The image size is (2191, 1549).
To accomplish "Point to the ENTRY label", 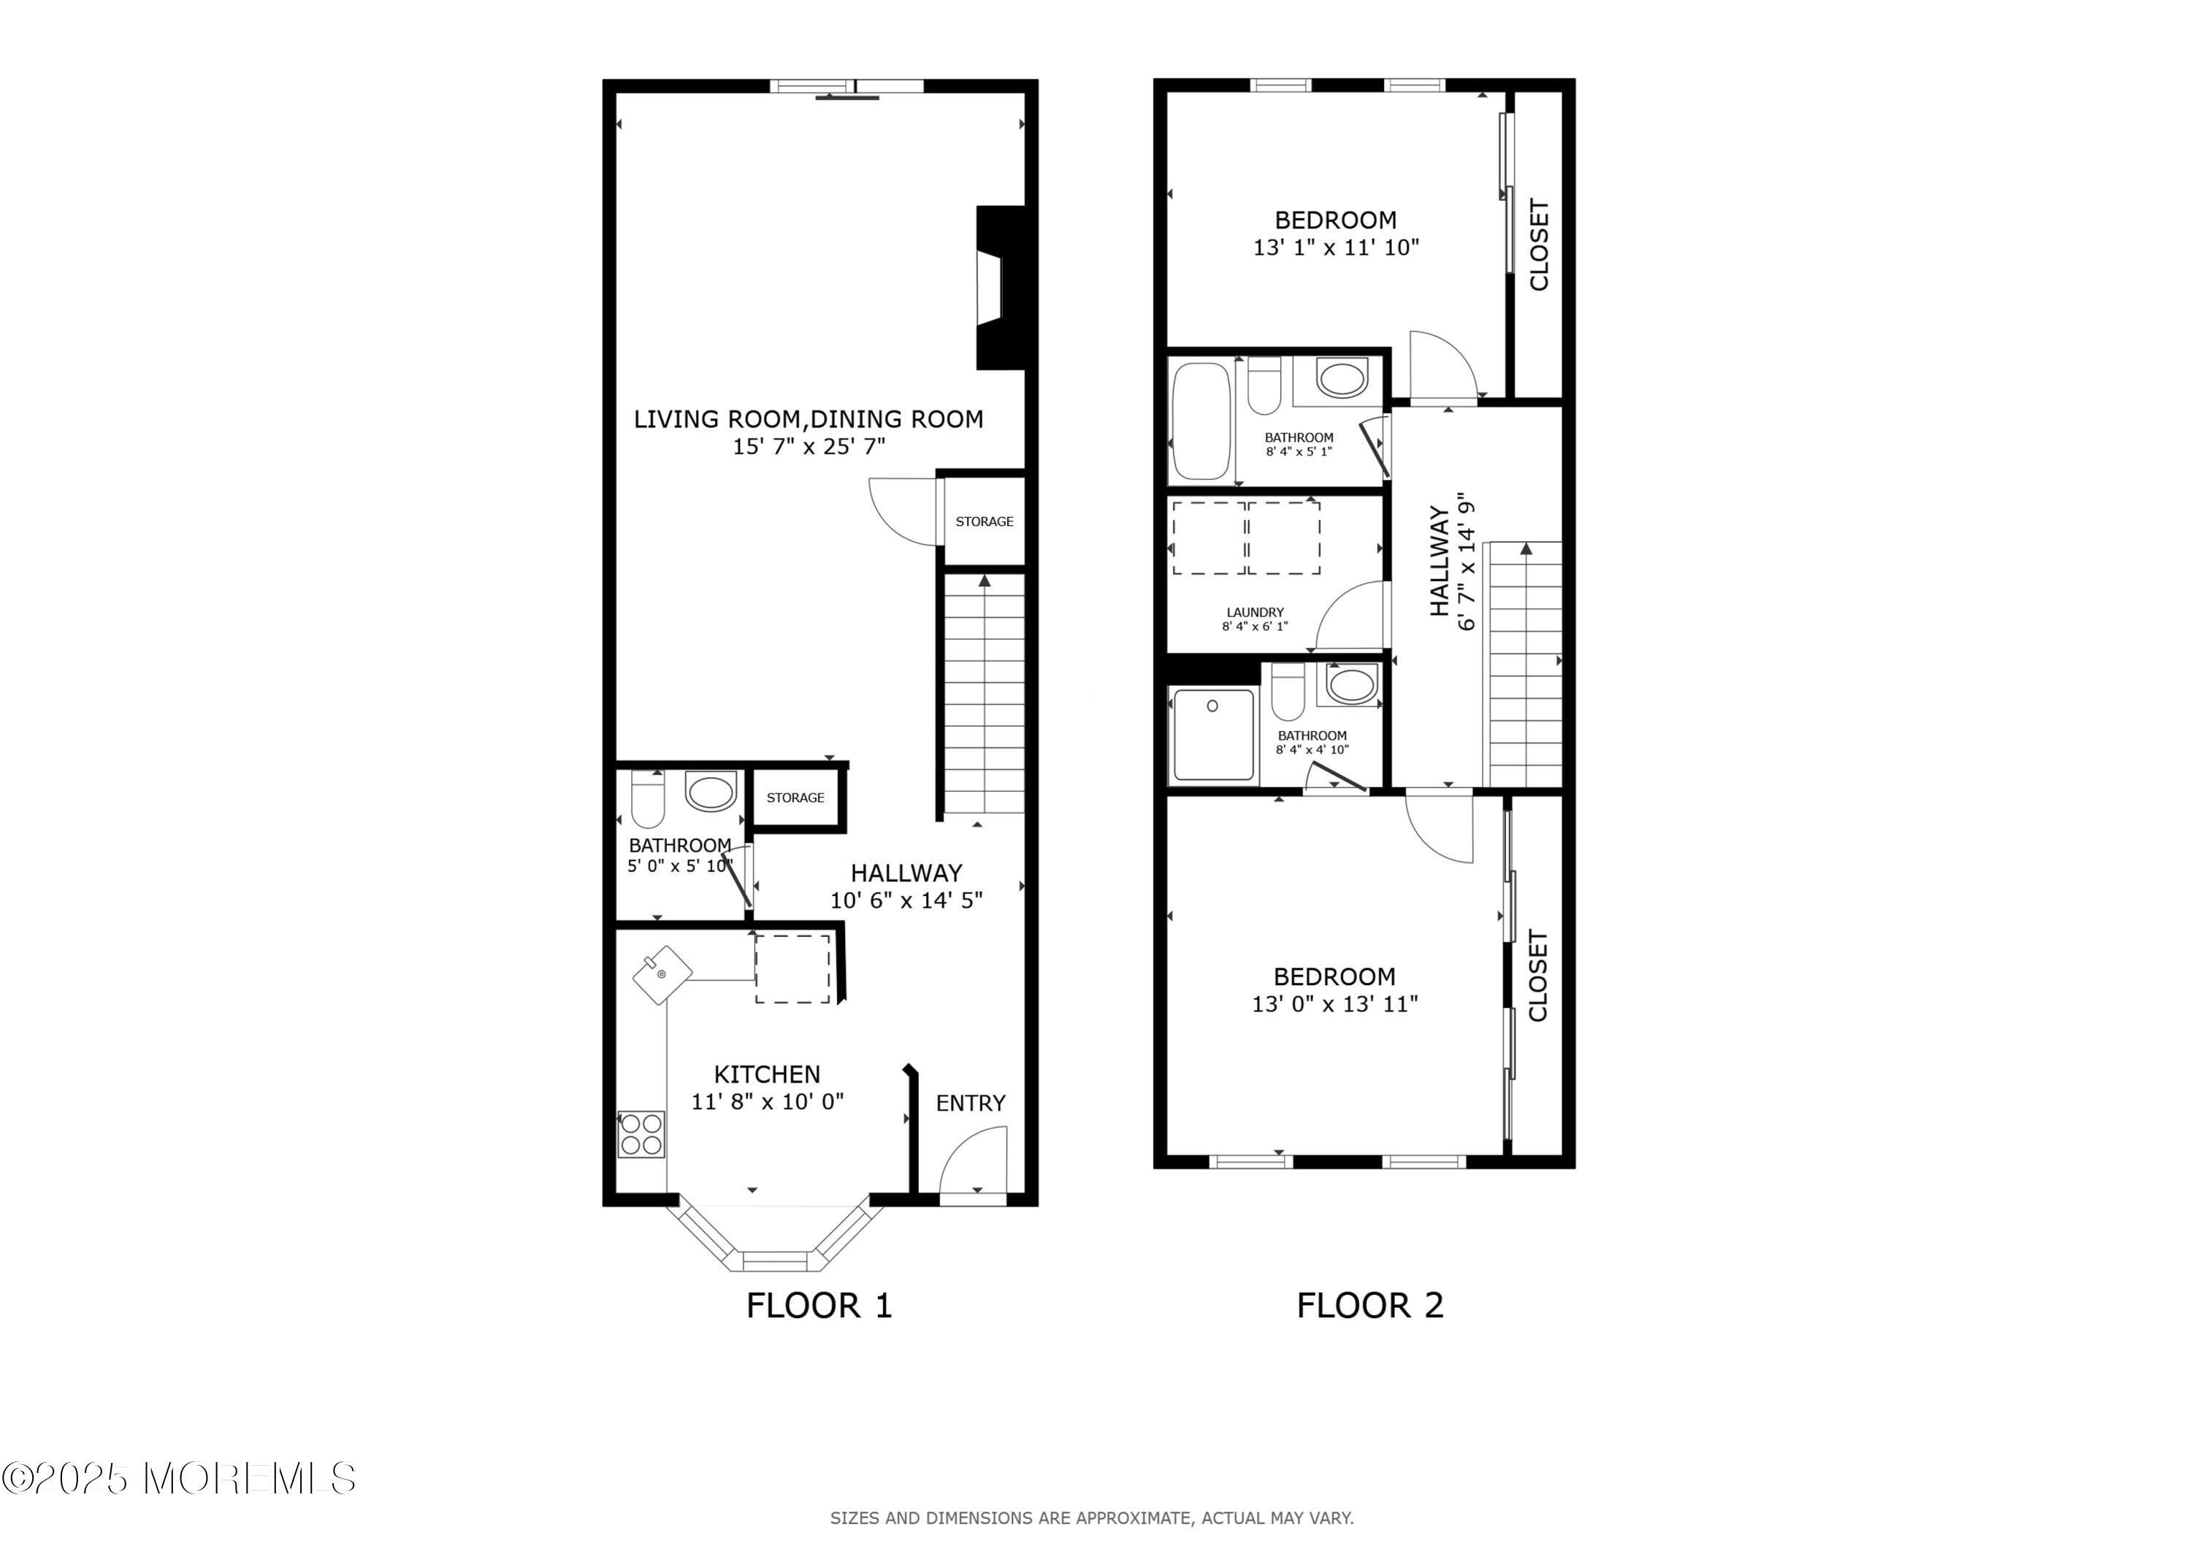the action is (x=971, y=1104).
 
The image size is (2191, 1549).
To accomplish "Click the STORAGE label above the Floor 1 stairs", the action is (x=984, y=521).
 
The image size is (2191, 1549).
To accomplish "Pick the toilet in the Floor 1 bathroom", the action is (x=648, y=800).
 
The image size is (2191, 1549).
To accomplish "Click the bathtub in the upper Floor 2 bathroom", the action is (x=1201, y=420).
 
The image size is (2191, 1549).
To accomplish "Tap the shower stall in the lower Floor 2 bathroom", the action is (x=1213, y=734).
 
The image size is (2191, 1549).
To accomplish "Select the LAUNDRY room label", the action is (x=1255, y=613).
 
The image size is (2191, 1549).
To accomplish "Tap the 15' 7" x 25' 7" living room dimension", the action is (x=809, y=447).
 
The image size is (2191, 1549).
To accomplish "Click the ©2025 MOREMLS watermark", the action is (x=178, y=1478).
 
